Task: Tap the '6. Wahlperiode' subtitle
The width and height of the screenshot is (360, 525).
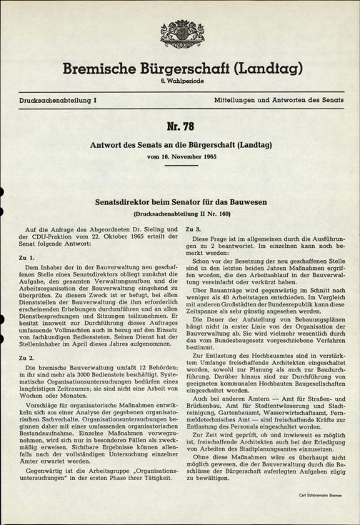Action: [180, 85]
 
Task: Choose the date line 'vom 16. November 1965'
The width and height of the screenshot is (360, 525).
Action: [180, 156]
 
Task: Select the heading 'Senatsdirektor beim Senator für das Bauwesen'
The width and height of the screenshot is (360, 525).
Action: [180, 203]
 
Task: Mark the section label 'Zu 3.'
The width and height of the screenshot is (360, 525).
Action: [192, 227]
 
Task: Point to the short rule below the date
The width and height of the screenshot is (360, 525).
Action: [180, 166]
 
